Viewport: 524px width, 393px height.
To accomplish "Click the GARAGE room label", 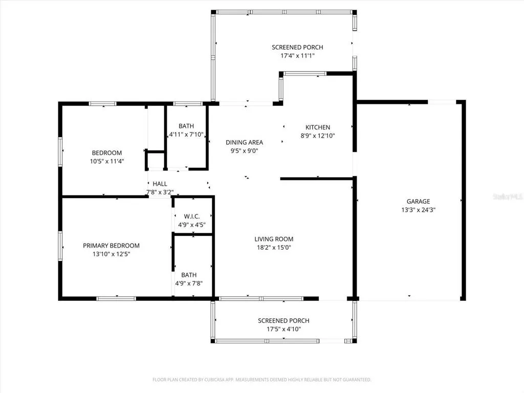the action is pyautogui.click(x=418, y=202).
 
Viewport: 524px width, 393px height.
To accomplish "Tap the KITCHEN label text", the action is pyautogui.click(x=317, y=127).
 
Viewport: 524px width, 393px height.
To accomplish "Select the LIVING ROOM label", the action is pyautogui.click(x=274, y=239).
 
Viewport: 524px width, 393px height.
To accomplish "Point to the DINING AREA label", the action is pyautogui.click(x=244, y=142).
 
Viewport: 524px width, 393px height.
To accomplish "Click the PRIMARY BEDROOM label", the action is pyautogui.click(x=111, y=246).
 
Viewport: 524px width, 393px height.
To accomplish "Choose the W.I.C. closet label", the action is pyautogui.click(x=192, y=216).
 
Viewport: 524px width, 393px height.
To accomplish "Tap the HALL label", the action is pyautogui.click(x=160, y=184).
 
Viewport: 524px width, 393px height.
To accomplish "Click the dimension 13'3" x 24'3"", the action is pyautogui.click(x=418, y=210).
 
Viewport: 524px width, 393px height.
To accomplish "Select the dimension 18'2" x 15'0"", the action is pyautogui.click(x=274, y=248).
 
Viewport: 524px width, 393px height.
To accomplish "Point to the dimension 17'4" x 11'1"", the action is pyautogui.click(x=297, y=56).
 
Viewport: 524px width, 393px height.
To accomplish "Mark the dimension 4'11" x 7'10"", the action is pyautogui.click(x=186, y=135).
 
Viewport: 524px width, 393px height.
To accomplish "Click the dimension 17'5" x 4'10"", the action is pyautogui.click(x=283, y=329).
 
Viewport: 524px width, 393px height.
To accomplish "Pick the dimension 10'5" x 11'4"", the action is pyautogui.click(x=107, y=161).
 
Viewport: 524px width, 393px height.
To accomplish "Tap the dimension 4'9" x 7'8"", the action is pyautogui.click(x=189, y=283).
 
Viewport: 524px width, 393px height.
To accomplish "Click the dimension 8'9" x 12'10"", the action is pyautogui.click(x=317, y=136).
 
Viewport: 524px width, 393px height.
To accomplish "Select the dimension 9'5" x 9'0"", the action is pyautogui.click(x=244, y=151).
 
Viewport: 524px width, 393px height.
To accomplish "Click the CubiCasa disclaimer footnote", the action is pyautogui.click(x=261, y=380).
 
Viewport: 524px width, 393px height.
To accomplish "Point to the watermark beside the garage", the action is pyautogui.click(x=508, y=196).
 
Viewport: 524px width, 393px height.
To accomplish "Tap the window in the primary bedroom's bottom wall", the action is pyautogui.click(x=116, y=298).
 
